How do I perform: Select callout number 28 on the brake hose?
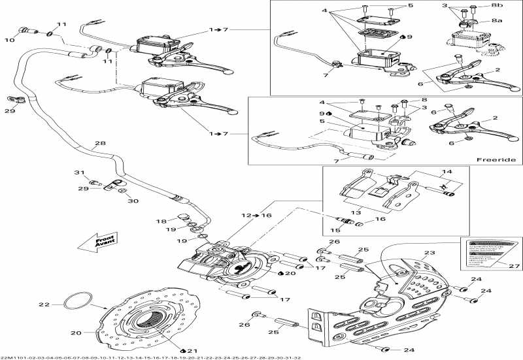pos(99,144)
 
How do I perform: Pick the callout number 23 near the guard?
pos(429,254)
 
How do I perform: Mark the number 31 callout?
pos(78,172)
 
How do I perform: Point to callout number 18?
pos(161,221)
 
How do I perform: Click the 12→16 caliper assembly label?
pos(256,215)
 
